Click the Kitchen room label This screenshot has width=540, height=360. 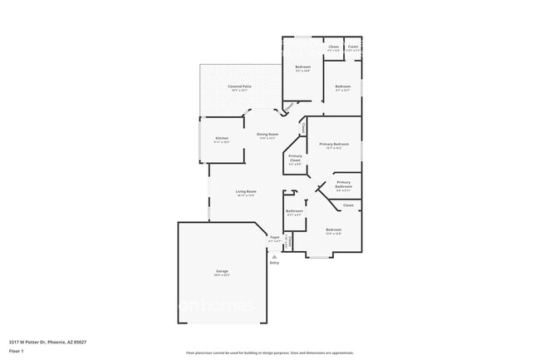222,138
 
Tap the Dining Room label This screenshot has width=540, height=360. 267,134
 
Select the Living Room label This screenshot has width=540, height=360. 246,191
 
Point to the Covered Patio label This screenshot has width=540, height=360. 240,86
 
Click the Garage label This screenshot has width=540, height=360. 222,270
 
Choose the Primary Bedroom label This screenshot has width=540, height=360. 334,144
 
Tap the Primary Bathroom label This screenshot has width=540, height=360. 343,185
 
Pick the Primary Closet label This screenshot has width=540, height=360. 295,158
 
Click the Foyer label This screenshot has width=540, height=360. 274,237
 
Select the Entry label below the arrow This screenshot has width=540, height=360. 274,263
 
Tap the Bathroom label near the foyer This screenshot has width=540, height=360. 294,210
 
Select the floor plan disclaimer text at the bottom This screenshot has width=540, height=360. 269,353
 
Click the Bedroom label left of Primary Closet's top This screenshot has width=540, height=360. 302,67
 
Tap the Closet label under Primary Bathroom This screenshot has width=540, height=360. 348,205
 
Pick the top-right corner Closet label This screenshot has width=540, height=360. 353,47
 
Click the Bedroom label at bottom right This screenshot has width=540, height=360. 333,229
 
